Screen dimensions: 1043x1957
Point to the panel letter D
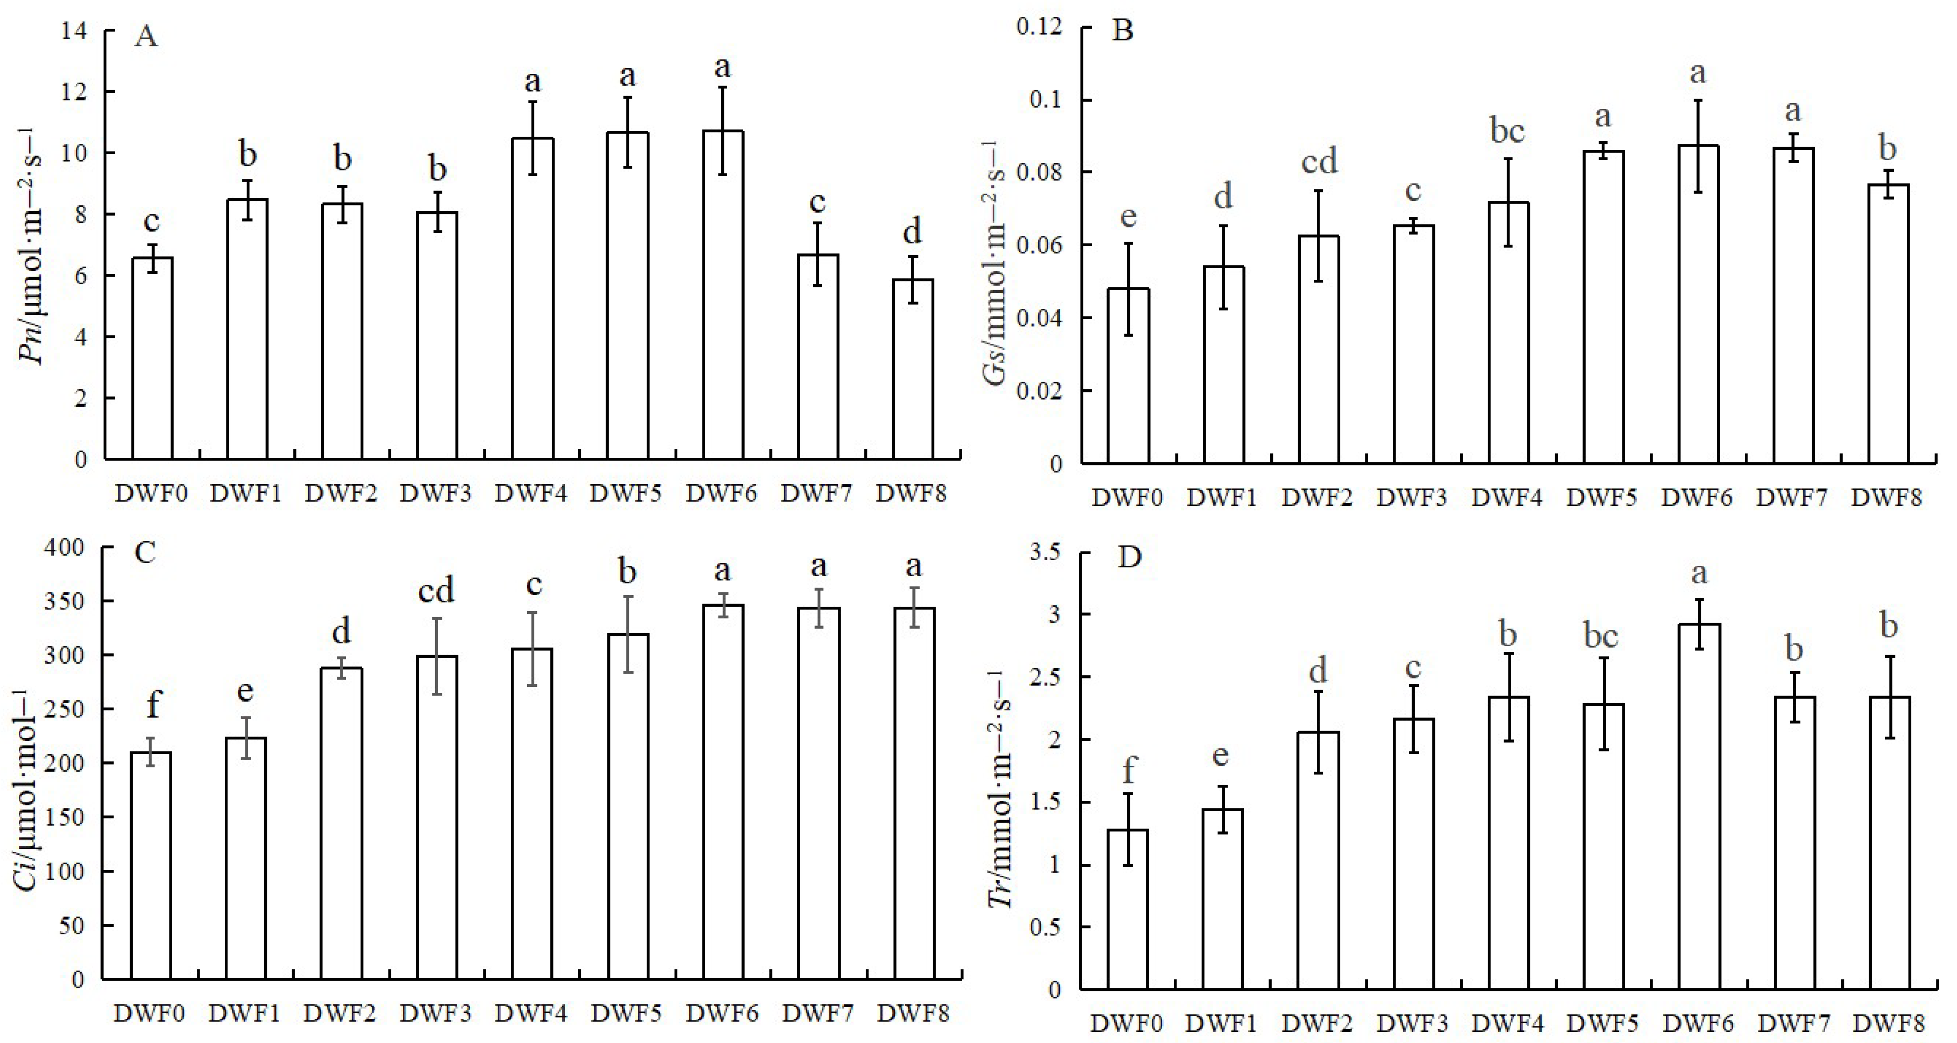point(1130,558)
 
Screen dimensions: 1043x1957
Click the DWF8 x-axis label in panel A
point(911,494)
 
